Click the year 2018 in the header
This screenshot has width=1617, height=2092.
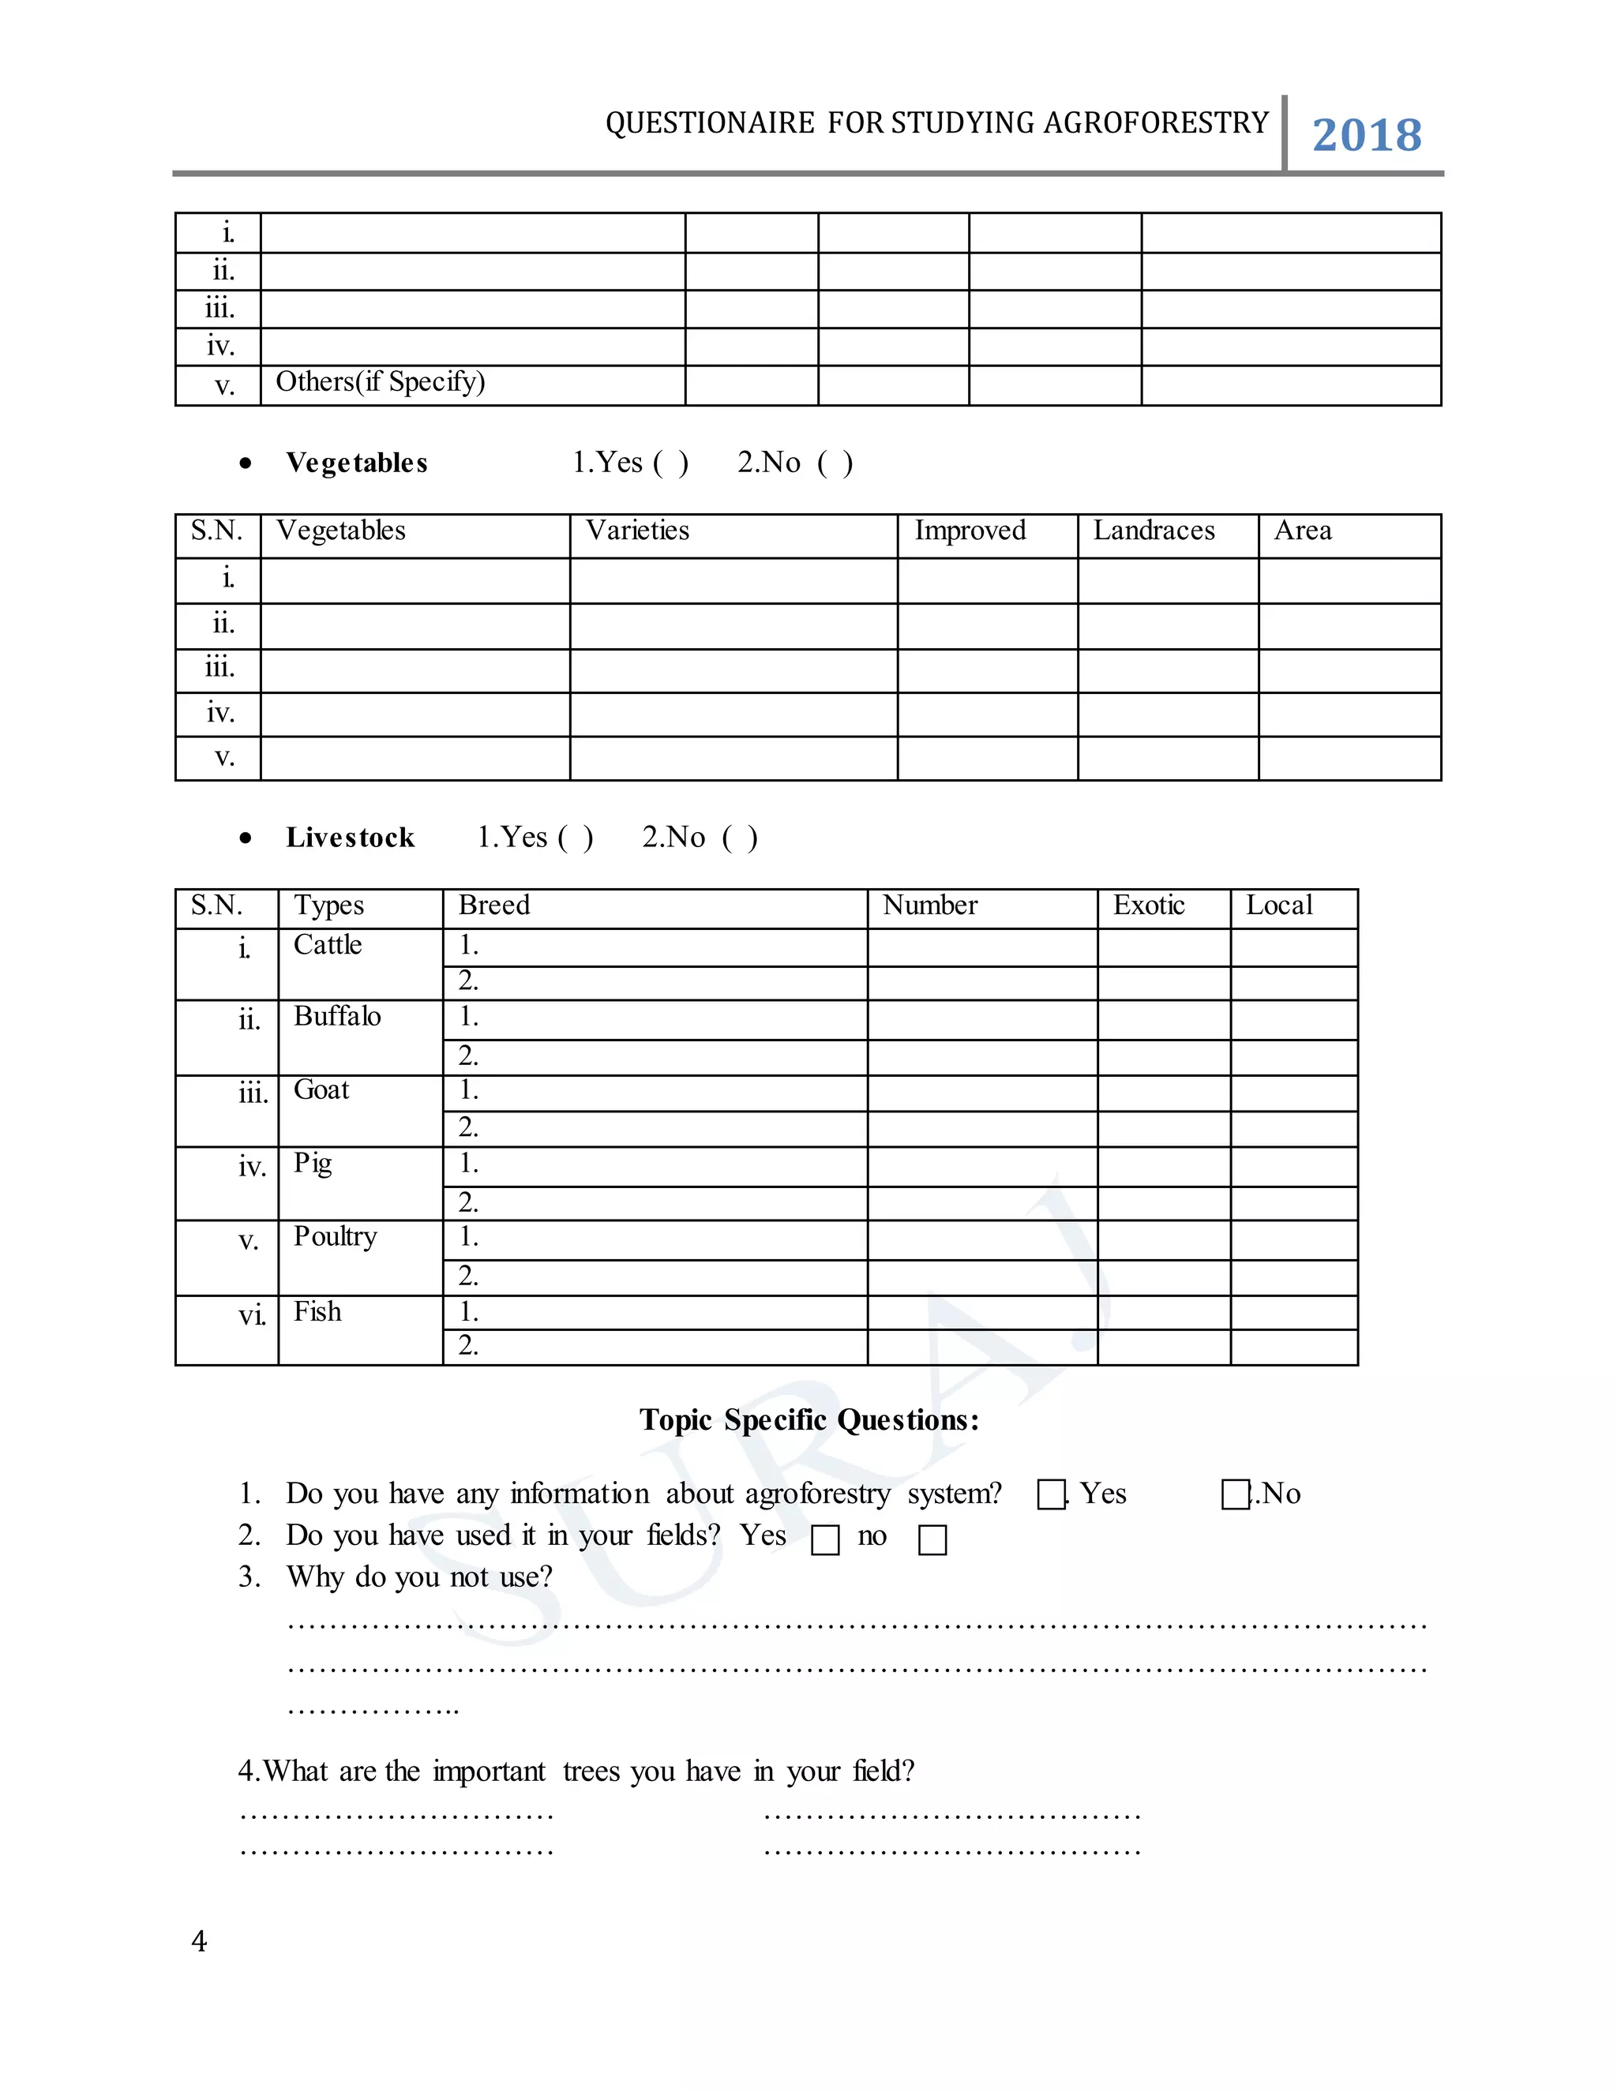[1366, 135]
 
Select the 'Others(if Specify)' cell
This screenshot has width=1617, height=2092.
[381, 382]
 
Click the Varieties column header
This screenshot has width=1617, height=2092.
[637, 530]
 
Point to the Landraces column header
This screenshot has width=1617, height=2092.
[1154, 530]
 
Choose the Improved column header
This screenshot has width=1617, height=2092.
[970, 530]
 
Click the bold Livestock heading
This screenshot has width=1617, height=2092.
[350, 838]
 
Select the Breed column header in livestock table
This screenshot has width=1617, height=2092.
[493, 905]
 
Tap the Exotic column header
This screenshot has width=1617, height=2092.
[1149, 905]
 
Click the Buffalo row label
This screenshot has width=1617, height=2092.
[337, 1016]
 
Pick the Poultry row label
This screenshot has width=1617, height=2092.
[336, 1236]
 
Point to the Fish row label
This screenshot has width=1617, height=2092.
[317, 1311]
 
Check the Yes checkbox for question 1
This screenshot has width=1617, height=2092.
[1051, 1494]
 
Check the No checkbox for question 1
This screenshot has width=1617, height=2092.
[1235, 1494]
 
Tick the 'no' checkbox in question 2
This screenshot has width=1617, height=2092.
[932, 1540]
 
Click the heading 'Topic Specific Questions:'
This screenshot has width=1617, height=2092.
[809, 1419]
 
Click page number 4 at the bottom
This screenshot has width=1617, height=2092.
[199, 1942]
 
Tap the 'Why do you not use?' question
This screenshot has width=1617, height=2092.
[418, 1576]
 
